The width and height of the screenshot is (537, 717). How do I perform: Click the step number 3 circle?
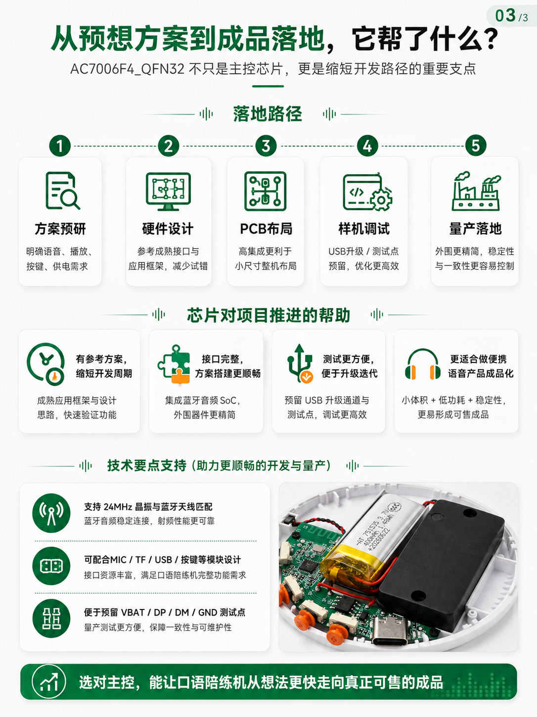pos(266,146)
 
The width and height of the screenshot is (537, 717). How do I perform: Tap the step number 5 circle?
pos(475,146)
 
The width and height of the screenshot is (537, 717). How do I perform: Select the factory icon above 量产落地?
pos(476,191)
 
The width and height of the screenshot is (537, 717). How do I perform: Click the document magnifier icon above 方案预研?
pos(62,191)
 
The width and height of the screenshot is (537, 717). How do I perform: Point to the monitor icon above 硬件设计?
pos(168,192)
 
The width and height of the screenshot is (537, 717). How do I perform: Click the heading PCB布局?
pos(266,229)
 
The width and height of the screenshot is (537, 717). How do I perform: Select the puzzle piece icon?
pos(174,364)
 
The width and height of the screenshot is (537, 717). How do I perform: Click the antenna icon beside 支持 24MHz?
pos(51,513)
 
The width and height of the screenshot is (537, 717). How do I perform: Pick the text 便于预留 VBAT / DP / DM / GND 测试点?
pos(165,612)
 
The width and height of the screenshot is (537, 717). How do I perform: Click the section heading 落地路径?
pos(268,114)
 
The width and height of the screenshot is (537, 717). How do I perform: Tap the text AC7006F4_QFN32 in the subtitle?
pos(128,69)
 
